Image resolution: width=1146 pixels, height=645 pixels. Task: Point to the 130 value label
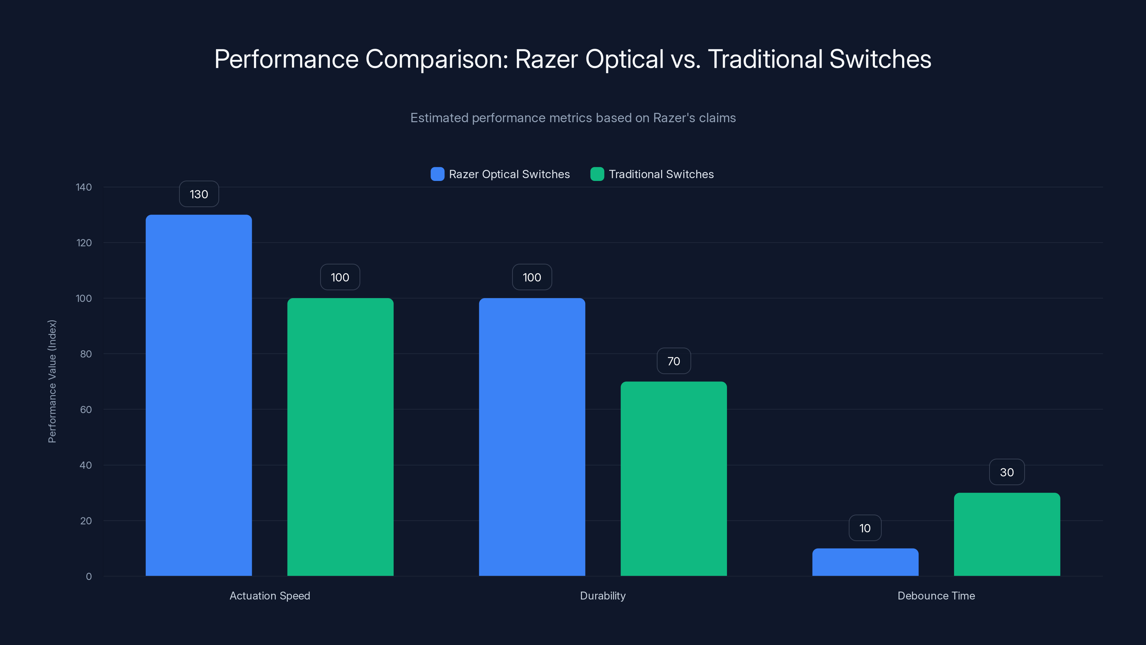click(199, 194)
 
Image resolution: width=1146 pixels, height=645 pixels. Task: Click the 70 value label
click(674, 361)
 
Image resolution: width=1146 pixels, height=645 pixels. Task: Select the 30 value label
click(1007, 472)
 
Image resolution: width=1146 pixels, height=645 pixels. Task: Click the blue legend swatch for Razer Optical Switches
click(437, 174)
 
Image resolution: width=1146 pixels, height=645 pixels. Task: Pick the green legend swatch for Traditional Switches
click(597, 174)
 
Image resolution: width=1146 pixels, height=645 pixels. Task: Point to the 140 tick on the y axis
click(84, 187)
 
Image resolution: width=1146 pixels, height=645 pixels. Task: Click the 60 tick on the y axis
click(86, 410)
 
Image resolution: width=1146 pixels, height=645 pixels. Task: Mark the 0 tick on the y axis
click(88, 577)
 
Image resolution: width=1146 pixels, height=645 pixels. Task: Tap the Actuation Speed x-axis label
click(270, 596)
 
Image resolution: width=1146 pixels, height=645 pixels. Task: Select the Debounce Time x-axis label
click(936, 596)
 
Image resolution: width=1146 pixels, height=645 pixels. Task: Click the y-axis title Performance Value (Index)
click(52, 382)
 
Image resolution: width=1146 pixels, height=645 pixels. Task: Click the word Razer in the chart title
click(546, 59)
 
